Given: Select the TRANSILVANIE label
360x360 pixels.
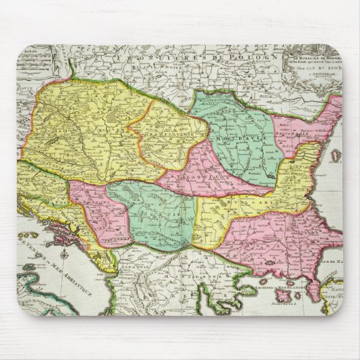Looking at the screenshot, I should point(163,132).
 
